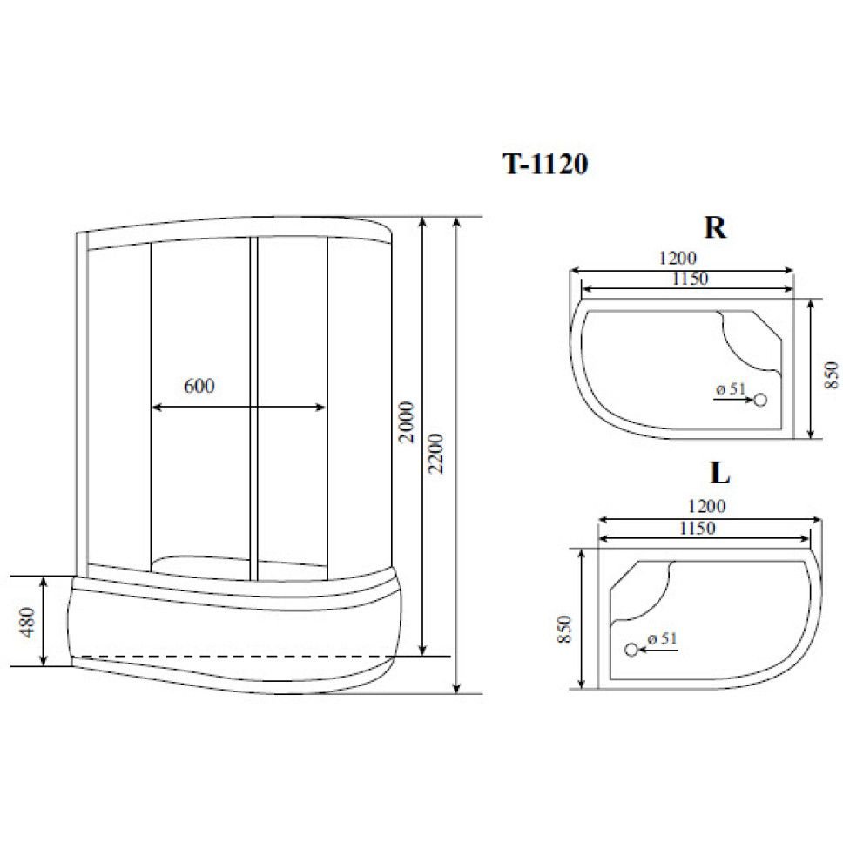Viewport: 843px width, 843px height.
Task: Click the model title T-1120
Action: point(545,164)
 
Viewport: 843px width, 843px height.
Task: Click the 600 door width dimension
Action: point(199,386)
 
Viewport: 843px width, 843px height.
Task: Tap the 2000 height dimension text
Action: point(407,422)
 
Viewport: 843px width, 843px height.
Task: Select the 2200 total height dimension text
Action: point(436,453)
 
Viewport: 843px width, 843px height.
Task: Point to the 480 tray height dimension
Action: point(26,622)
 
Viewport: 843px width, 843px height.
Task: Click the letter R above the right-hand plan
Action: point(715,227)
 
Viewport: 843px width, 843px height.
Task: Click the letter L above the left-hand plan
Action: point(720,473)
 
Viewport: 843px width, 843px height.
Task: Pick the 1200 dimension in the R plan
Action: point(678,258)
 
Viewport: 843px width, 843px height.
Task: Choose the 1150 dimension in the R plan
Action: point(690,279)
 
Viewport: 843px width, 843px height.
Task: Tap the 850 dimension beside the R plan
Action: point(831,374)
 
